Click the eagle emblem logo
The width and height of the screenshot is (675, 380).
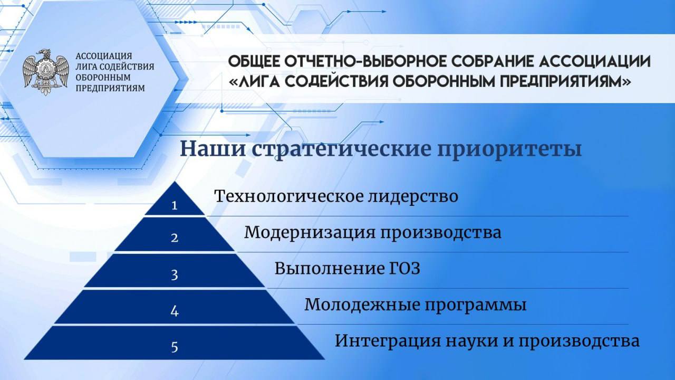(x=46, y=72)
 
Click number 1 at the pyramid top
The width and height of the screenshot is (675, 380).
(x=174, y=205)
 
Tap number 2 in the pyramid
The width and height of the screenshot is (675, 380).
(x=175, y=238)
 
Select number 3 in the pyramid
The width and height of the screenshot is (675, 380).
(x=175, y=275)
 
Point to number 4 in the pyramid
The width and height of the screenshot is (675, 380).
(x=175, y=311)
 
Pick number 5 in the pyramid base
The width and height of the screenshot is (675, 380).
(x=175, y=347)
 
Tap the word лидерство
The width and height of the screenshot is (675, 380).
(x=413, y=197)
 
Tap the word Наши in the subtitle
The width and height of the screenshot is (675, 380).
(x=213, y=149)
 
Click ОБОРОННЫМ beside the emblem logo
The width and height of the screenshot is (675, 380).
(x=103, y=77)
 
